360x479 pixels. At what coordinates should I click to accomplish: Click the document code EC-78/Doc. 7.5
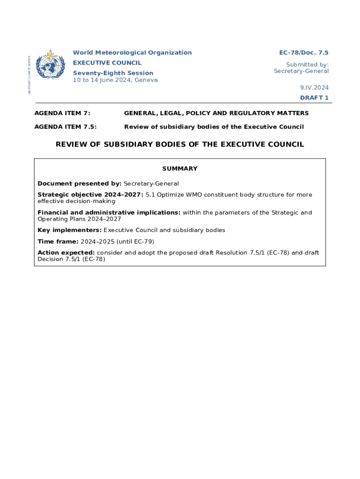pos(304,53)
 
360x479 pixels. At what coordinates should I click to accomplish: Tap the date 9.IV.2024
pos(314,87)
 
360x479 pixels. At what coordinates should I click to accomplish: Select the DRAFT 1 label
pos(314,98)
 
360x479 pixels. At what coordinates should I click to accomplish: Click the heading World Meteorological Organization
pos(132,53)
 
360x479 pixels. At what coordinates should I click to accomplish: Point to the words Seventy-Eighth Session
pos(113,73)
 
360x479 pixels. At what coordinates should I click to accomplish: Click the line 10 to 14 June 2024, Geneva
pos(115,80)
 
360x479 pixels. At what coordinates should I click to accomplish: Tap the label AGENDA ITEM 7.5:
pos(69,127)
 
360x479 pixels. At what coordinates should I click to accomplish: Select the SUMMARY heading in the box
pos(180,168)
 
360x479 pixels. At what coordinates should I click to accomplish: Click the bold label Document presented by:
pos(79,183)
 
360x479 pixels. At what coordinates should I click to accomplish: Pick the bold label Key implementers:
pos(70,230)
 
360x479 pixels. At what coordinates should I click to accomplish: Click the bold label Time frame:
pos(58,241)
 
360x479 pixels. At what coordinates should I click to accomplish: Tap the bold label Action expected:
pos(66,253)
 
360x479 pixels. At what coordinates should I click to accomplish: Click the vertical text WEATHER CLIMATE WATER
pos(29,75)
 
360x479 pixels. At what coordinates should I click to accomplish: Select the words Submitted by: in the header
pos(307,65)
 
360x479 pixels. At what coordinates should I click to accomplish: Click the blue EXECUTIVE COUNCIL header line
pos(107,63)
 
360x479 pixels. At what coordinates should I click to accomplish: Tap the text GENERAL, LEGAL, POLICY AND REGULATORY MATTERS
pos(216,113)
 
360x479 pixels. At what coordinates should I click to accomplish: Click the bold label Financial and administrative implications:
pos(109,212)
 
